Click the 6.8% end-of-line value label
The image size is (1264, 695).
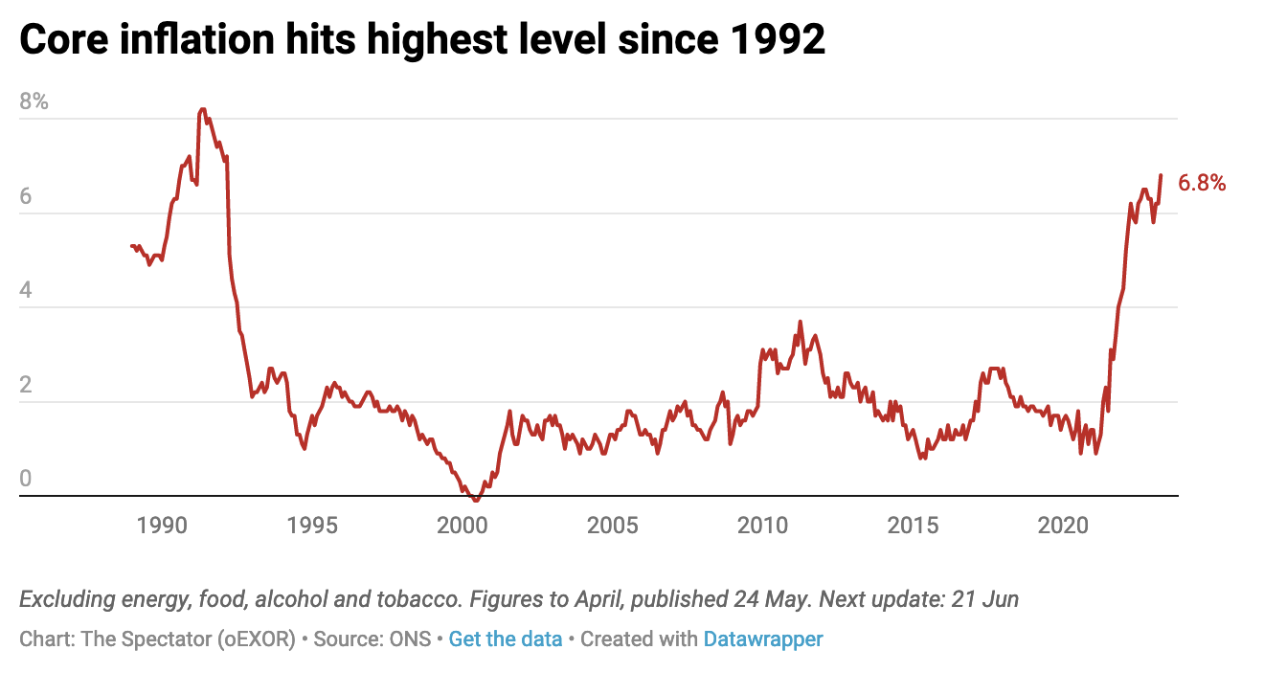pos(1202,184)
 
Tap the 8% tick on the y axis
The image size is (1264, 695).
pos(34,102)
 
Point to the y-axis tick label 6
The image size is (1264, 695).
pos(26,197)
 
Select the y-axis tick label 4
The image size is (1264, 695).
pos(26,291)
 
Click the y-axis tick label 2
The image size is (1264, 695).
pos(26,386)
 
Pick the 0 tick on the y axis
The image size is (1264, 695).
pos(26,479)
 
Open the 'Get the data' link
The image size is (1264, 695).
pos(506,639)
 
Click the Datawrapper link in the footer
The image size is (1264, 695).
pos(763,639)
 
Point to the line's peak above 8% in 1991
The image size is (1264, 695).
pos(203,109)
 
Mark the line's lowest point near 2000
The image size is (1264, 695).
pos(476,500)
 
